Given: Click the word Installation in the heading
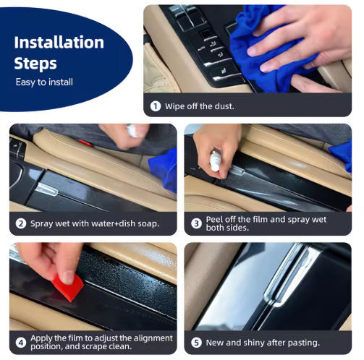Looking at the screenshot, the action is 59,43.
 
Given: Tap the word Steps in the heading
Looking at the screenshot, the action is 35,64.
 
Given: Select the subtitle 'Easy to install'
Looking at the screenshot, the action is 44,82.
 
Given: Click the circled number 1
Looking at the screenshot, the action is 156,106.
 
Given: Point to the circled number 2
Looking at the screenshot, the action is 21,223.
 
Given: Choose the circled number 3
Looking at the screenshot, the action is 196,223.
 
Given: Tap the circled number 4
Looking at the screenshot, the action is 21,343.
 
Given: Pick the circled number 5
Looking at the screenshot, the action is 196,343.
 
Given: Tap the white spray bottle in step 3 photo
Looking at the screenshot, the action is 215,160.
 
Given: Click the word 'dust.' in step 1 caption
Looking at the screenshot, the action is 224,106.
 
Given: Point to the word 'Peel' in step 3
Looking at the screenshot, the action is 215,220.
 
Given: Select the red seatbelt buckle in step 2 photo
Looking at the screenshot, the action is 86,143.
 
